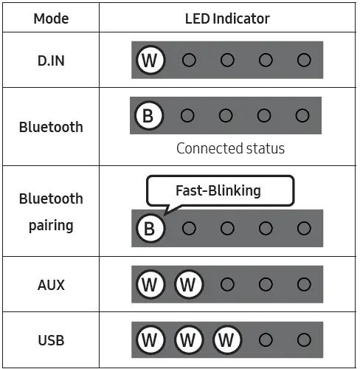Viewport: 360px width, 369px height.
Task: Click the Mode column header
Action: point(51,18)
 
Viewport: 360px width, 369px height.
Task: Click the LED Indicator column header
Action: point(227,18)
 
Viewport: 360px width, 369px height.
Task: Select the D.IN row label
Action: point(51,61)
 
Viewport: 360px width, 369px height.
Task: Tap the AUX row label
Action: point(51,285)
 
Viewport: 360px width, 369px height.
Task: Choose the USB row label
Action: point(51,340)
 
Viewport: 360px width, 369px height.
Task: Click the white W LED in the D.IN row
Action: point(150,60)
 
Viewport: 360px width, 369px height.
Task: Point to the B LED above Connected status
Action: point(149,116)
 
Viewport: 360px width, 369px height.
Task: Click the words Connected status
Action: point(230,148)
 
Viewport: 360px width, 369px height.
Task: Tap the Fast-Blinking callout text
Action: point(218,190)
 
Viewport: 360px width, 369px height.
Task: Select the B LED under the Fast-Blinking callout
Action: point(150,228)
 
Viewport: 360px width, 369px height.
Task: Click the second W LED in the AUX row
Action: point(189,284)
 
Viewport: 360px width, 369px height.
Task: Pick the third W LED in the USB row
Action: point(227,340)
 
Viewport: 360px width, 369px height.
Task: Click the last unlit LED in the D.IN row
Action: point(304,60)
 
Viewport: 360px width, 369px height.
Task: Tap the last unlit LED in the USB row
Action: point(304,340)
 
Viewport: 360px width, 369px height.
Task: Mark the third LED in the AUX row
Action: point(227,284)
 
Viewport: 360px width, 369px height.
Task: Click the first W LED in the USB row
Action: point(150,340)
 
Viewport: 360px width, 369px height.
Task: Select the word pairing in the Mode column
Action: point(51,226)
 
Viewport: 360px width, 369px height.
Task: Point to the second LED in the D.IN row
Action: point(189,60)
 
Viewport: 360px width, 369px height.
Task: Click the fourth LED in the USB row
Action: point(266,340)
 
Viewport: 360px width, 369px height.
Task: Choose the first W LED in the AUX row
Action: point(150,284)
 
